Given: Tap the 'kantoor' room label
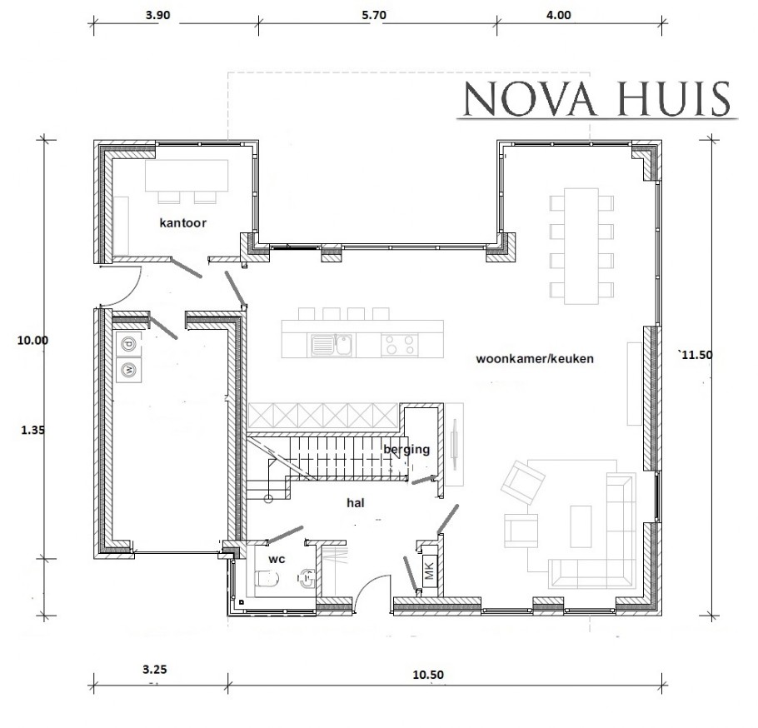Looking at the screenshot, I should [x=182, y=223].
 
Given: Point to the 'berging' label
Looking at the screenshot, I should [x=406, y=450].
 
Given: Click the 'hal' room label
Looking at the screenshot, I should [x=357, y=503].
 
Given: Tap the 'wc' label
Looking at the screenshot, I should [x=277, y=559].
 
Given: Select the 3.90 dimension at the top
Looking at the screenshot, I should [x=158, y=15].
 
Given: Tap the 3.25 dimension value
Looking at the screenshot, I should [x=156, y=669].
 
